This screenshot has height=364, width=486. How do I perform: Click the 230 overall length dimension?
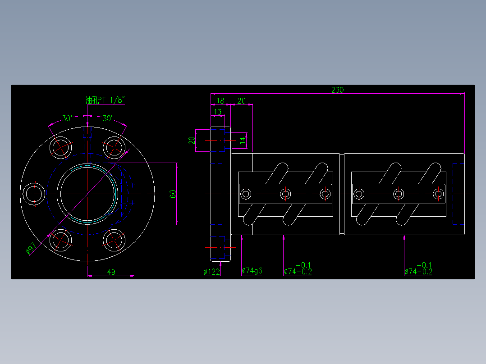pyautogui.click(x=337, y=90)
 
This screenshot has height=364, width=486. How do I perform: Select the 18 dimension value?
pyautogui.click(x=220, y=100)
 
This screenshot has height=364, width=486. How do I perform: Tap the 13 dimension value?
pyautogui.click(x=218, y=112)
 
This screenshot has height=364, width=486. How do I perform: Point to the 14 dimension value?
pyautogui.click(x=242, y=140)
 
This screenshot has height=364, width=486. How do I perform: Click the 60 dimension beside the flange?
pyautogui.click(x=173, y=194)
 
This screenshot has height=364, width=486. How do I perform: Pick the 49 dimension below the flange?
pyautogui.click(x=111, y=272)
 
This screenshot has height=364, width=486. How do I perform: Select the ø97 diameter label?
pyautogui.click(x=32, y=249)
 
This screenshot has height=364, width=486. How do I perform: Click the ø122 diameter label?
pyautogui.click(x=212, y=272)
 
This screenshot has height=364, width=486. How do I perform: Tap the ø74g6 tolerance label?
pyautogui.click(x=252, y=271)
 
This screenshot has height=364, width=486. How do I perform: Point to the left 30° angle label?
pyautogui.click(x=67, y=118)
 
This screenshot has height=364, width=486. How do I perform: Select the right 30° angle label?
pyautogui.click(x=108, y=118)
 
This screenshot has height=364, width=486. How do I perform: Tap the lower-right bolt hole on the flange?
pyautogui.click(x=114, y=240)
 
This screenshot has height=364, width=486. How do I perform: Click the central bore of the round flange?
pyautogui.click(x=87, y=194)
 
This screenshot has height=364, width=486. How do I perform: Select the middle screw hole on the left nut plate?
pyautogui.click(x=285, y=194)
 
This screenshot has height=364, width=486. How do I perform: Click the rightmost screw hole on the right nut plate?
pyautogui.click(x=438, y=194)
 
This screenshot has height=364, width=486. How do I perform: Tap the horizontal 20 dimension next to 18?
pyautogui.click(x=241, y=100)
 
